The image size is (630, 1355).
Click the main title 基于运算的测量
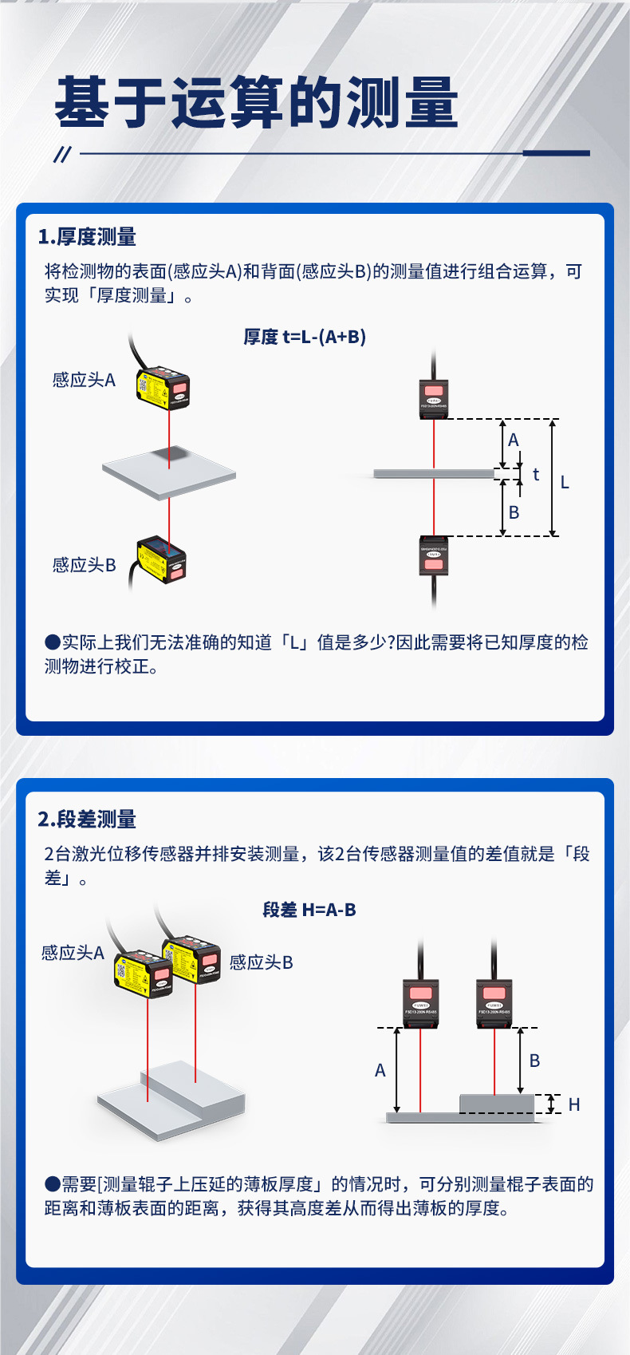tap(256, 103)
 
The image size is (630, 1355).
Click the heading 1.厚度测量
tap(87, 237)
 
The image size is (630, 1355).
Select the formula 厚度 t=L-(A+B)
tap(305, 337)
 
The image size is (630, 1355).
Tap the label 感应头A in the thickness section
tap(84, 380)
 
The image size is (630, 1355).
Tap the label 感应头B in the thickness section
tap(84, 565)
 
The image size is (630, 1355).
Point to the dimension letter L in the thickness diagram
tap(565, 482)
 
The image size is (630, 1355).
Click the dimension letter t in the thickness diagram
tap(536, 474)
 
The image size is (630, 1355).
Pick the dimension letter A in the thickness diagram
tap(514, 440)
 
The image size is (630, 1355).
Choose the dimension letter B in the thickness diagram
tap(514, 512)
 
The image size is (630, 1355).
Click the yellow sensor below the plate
tap(162, 559)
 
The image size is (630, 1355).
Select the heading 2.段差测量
tap(87, 820)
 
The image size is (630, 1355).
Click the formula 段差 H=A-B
tap(309, 910)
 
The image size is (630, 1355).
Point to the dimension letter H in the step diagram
tap(574, 1104)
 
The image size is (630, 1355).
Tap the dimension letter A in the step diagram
tap(380, 1070)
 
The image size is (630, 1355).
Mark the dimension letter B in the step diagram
tap(534, 1061)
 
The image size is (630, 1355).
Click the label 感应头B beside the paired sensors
tap(261, 962)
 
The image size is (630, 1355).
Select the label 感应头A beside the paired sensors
tap(73, 953)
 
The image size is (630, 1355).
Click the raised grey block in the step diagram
tap(497, 1104)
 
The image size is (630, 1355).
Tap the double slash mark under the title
tap(62, 154)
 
